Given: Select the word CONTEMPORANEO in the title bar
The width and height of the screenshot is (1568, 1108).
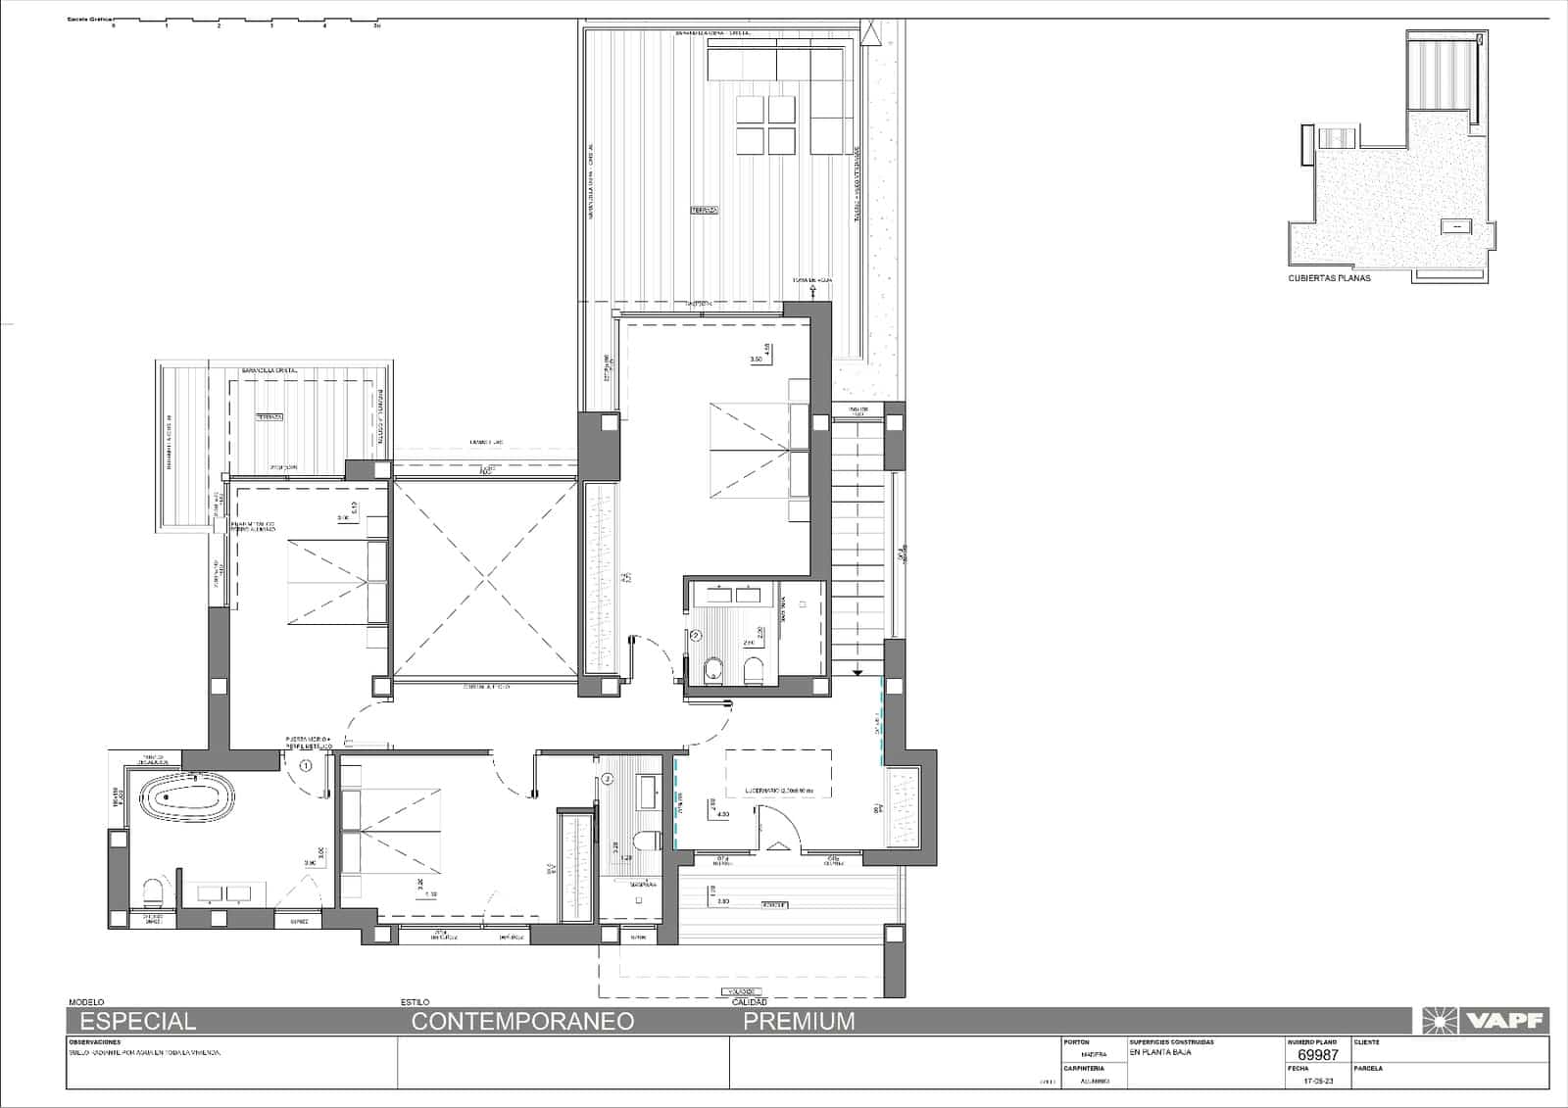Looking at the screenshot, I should pyautogui.click(x=522, y=1021).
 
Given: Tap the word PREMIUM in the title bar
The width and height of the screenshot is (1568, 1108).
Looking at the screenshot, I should pyautogui.click(x=799, y=1021).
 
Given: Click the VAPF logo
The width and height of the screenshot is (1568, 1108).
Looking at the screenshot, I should pyautogui.click(x=1482, y=1021).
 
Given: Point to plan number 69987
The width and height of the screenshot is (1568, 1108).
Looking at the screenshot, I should pyautogui.click(x=1317, y=1055).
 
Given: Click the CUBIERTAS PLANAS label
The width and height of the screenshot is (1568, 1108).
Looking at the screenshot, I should pyautogui.click(x=1329, y=278).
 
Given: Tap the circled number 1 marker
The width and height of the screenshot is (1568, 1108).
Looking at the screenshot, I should pyautogui.click(x=306, y=766).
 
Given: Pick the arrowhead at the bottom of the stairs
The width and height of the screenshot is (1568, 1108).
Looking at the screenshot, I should pyautogui.click(x=857, y=672).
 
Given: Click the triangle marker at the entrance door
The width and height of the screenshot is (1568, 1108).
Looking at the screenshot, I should pyautogui.click(x=779, y=844).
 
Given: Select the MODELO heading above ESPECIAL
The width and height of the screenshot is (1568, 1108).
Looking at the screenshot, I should pyautogui.click(x=85, y=1003).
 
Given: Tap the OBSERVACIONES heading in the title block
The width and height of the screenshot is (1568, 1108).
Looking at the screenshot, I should pyautogui.click(x=94, y=1042).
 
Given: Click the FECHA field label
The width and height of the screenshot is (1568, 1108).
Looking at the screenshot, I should pyautogui.click(x=1298, y=1069).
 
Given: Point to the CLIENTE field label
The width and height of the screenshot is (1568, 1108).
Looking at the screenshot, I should pyautogui.click(x=1367, y=1042).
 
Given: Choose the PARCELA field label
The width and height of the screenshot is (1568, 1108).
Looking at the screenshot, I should pyautogui.click(x=1368, y=1069).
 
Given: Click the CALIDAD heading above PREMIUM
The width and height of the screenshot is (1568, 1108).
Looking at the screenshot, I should pyautogui.click(x=749, y=1003).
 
